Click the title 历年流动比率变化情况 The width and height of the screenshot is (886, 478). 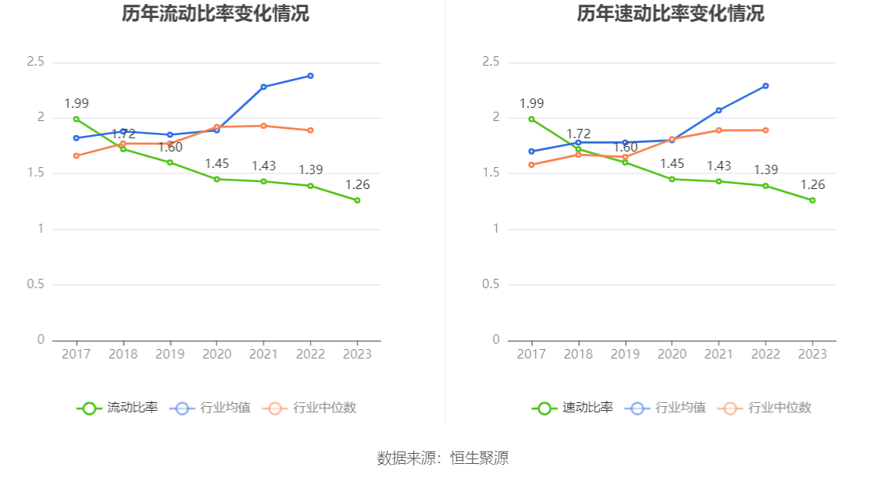pyautogui.click(x=216, y=14)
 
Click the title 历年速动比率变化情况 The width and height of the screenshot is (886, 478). pyautogui.click(x=670, y=14)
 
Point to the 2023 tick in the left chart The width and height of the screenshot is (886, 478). pyautogui.click(x=357, y=354)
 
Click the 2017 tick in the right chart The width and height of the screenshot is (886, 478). pyautogui.click(x=531, y=354)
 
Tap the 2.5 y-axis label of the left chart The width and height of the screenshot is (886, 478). pyautogui.click(x=35, y=62)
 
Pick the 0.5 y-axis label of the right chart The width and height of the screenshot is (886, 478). pyautogui.click(x=491, y=284)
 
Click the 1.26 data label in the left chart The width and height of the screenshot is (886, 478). pyautogui.click(x=357, y=185)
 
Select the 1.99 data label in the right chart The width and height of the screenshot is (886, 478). pyautogui.click(x=531, y=104)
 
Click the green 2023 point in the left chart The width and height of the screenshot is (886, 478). pyautogui.click(x=357, y=201)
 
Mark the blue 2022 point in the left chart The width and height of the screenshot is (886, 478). pyautogui.click(x=310, y=76)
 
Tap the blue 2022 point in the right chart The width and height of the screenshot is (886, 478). pyautogui.click(x=766, y=86)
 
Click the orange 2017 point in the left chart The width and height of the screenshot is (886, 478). pyautogui.click(x=76, y=156)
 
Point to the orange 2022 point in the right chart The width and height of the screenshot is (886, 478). pyautogui.click(x=766, y=130)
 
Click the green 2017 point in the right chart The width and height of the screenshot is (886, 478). pyautogui.click(x=531, y=119)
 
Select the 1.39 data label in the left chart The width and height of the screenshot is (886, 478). pyautogui.click(x=310, y=170)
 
